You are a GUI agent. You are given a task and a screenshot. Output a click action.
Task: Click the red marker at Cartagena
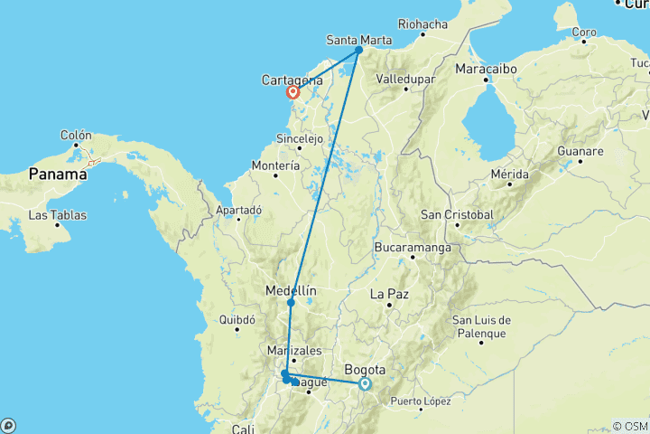tap(293, 91)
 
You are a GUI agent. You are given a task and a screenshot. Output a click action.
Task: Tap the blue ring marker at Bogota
tap(365, 383)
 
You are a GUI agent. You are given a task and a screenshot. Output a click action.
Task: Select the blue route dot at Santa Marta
tap(358, 50)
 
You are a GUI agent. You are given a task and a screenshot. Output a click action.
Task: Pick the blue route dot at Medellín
tap(291, 303)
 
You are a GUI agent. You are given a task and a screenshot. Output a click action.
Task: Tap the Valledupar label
tap(405, 80)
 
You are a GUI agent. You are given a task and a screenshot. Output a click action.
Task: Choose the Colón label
tap(77, 135)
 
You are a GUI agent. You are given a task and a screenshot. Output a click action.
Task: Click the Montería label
tap(276, 166)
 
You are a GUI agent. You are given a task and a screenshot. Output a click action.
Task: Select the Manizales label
tap(292, 349)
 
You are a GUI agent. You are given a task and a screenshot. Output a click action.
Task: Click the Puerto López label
tap(422, 401)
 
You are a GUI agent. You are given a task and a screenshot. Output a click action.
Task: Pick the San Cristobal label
tap(457, 214)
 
